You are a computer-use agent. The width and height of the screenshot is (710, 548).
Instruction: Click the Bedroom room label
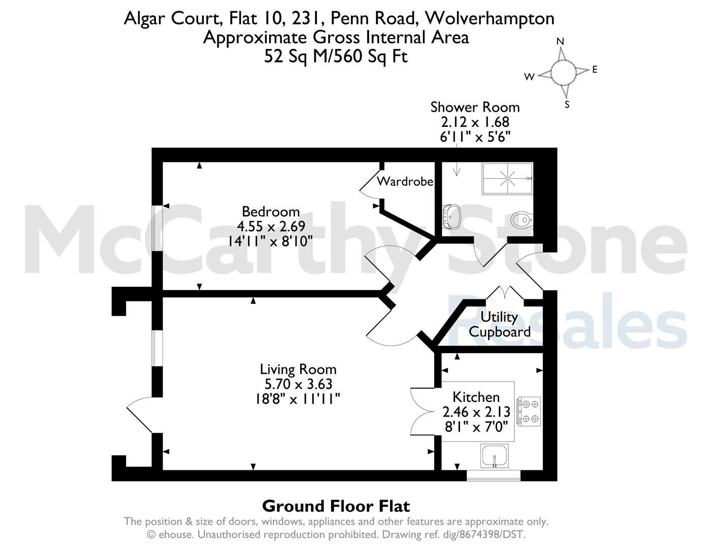[271, 212]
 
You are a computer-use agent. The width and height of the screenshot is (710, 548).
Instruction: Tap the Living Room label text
[298, 369]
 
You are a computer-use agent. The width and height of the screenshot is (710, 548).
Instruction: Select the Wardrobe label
[405, 181]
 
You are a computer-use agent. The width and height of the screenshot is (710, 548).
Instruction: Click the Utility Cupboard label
[500, 324]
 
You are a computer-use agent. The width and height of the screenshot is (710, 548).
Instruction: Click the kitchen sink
[495, 456]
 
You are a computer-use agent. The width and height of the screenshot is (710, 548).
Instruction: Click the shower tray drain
[507, 179]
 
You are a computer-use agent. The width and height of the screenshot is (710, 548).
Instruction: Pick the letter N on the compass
[560, 42]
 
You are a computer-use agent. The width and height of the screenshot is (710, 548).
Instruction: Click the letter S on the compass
[567, 105]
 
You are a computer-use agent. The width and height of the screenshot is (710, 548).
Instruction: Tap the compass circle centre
[563, 73]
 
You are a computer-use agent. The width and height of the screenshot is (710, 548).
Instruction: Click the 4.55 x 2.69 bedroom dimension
[271, 226]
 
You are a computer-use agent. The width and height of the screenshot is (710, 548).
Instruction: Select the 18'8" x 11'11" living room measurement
[298, 399]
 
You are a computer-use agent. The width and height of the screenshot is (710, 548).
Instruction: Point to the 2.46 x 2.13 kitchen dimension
[476, 412]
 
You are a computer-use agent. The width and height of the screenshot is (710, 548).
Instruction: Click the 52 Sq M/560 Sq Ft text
[336, 56]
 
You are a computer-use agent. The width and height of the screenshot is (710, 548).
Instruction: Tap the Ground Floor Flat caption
[336, 506]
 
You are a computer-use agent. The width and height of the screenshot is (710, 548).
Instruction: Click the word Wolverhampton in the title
[489, 19]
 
